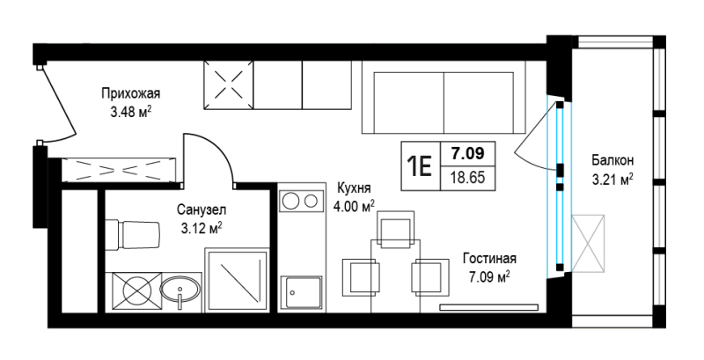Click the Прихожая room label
(x=130, y=94)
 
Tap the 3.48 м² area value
(x=130, y=112)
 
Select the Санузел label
(x=202, y=209)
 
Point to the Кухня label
(x=354, y=187)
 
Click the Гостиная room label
(x=490, y=259)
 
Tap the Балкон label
(x=612, y=160)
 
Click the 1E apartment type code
(x=420, y=166)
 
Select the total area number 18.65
(x=468, y=177)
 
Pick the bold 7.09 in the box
(x=468, y=153)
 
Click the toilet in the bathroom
(x=133, y=235)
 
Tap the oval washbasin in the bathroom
(x=180, y=290)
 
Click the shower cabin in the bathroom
(x=237, y=280)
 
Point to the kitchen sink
(x=301, y=292)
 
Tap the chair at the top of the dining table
(x=396, y=229)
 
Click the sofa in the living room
(x=444, y=97)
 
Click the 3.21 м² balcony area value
(x=612, y=180)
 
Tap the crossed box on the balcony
(x=588, y=244)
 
